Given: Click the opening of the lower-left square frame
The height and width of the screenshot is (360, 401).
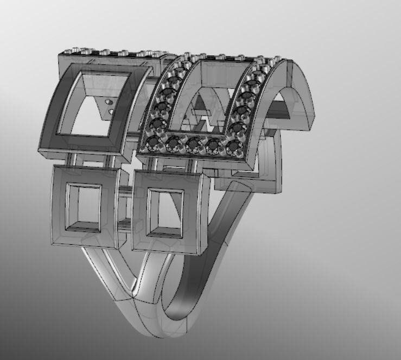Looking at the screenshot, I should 84,206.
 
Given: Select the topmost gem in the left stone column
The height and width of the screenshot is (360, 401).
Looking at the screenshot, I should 174,81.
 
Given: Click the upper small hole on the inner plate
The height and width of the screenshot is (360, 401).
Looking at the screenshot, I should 109,102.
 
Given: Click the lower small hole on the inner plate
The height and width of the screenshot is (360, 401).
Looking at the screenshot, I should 112,112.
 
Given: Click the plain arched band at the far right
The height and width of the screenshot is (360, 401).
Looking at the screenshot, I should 301,98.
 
